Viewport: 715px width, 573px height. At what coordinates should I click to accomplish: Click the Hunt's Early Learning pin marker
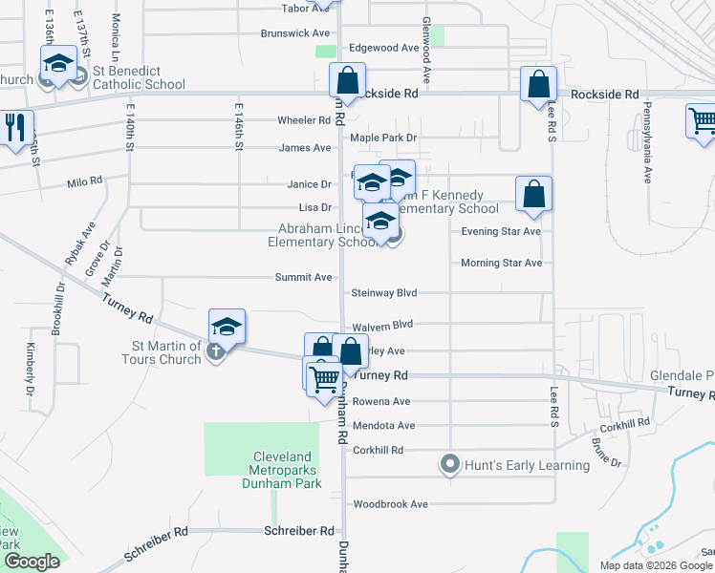pyautogui.click(x=450, y=465)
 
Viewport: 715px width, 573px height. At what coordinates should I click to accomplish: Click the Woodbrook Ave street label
pyautogui.click(x=390, y=504)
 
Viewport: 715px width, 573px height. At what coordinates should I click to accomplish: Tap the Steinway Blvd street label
pyautogui.click(x=385, y=292)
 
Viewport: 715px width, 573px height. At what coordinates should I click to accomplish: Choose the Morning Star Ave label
pyautogui.click(x=501, y=263)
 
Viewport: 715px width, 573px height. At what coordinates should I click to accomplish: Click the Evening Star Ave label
pyautogui.click(x=501, y=231)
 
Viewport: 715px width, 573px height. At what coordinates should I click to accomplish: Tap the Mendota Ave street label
pyautogui.click(x=383, y=425)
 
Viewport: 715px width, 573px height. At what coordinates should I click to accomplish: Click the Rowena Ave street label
pyautogui.click(x=381, y=401)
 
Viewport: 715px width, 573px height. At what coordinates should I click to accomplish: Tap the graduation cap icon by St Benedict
pyautogui.click(x=58, y=65)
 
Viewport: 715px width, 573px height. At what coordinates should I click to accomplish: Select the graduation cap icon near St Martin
pyautogui.click(x=227, y=327)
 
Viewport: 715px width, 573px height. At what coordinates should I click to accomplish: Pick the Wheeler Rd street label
pyautogui.click(x=304, y=120)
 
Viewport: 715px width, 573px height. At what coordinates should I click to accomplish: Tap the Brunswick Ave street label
pyautogui.click(x=295, y=32)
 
